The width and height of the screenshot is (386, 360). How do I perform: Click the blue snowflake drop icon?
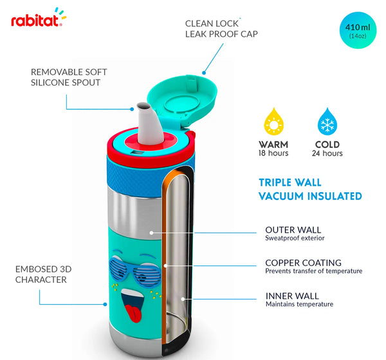tap(327, 122)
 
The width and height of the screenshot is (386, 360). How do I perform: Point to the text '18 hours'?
tap(273, 154)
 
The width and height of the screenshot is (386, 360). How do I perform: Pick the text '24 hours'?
tap(327, 154)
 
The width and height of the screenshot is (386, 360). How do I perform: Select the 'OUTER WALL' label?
tap(293, 230)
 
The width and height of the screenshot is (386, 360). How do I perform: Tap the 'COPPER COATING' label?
tap(303, 263)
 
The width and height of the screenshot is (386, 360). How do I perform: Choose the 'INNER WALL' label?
tap(292, 296)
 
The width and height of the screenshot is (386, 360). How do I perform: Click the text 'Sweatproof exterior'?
tap(295, 239)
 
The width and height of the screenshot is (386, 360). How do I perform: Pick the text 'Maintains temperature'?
tap(299, 304)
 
